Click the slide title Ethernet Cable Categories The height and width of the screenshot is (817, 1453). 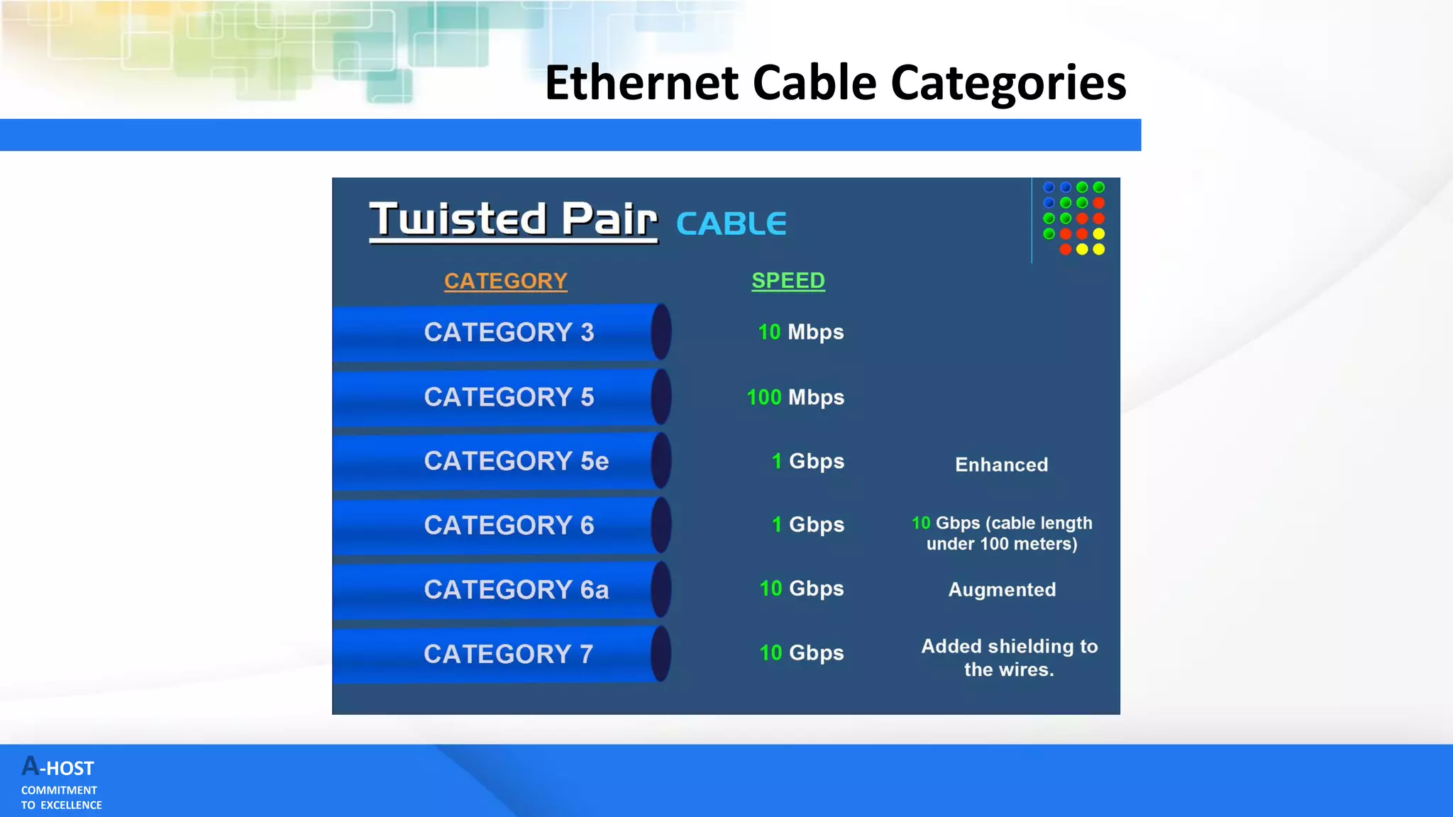(x=835, y=83)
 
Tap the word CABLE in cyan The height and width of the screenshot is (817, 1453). (x=731, y=224)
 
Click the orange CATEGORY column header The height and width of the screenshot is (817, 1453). (x=505, y=281)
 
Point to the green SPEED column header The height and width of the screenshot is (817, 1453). (x=788, y=281)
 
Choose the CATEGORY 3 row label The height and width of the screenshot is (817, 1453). (x=509, y=333)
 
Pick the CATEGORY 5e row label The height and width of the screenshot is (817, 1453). (x=516, y=461)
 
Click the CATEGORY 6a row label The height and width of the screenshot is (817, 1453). (x=516, y=589)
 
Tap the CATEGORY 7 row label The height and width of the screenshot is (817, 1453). (x=508, y=654)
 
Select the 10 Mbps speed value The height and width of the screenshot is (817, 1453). (x=800, y=332)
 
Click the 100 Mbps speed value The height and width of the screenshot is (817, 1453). (x=795, y=397)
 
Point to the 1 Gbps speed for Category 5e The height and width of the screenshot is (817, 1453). (x=807, y=461)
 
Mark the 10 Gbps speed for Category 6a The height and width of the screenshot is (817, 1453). (x=801, y=589)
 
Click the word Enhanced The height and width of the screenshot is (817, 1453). (x=1001, y=465)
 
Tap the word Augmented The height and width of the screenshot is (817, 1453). (x=1002, y=589)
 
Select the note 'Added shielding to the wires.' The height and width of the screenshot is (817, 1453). (x=1009, y=657)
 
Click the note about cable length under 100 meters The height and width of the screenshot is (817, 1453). (x=1002, y=533)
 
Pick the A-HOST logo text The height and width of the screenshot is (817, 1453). (x=58, y=767)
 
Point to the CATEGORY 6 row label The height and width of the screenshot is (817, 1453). (x=509, y=526)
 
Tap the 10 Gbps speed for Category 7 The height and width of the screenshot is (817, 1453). (x=801, y=652)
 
